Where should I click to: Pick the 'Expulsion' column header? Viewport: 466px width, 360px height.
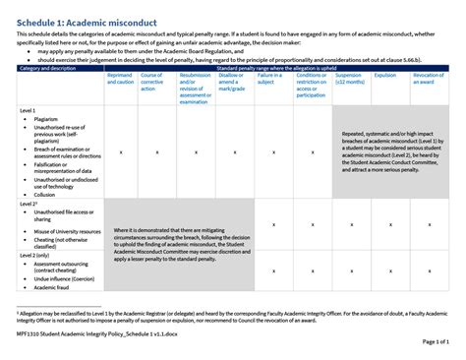coord(385,75)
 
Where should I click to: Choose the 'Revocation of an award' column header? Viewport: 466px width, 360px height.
coord(428,79)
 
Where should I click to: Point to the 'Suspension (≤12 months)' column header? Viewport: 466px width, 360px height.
coord(349,79)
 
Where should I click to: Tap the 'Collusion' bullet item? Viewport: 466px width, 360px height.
coord(48,195)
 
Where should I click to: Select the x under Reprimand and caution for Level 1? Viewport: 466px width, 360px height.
coord(120,152)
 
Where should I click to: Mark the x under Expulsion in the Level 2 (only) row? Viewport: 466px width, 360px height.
coord(385,270)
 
